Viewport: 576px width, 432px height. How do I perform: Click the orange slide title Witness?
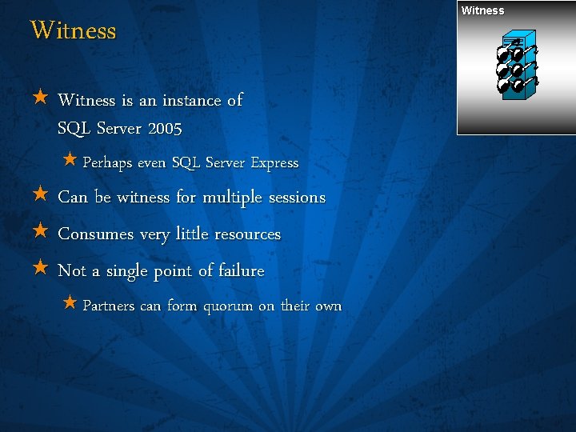tap(74, 31)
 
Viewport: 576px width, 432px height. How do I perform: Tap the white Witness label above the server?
tap(482, 10)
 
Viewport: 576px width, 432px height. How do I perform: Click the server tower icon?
tap(516, 66)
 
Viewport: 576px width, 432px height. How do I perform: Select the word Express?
tap(274, 163)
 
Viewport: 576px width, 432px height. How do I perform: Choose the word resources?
tap(245, 234)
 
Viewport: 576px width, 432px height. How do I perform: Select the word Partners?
tap(109, 306)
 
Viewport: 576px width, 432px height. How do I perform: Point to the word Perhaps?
tap(108, 163)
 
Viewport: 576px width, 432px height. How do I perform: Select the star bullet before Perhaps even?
tap(70, 161)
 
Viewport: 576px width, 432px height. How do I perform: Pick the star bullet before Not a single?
tap(41, 270)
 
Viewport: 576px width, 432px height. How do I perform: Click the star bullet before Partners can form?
tap(70, 304)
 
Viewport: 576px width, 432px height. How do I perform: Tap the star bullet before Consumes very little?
tap(41, 233)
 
